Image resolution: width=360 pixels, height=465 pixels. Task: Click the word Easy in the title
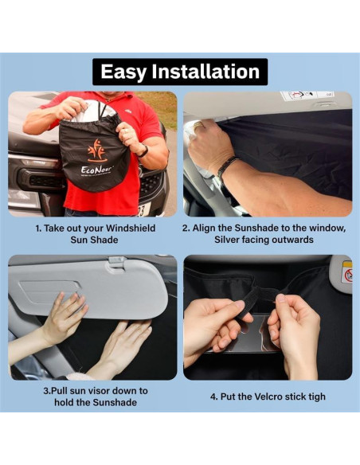tap(123, 72)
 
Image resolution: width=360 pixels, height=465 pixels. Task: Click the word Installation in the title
tap(205, 72)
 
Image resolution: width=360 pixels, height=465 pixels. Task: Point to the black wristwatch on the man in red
tap(143, 151)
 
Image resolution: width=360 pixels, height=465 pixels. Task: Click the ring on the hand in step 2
tap(198, 125)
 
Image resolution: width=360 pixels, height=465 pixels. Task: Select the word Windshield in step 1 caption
tap(131, 228)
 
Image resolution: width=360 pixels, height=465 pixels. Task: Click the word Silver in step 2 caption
tap(227, 240)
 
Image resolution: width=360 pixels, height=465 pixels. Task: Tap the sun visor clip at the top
tap(118, 263)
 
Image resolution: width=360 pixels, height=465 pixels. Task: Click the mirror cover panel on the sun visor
tap(49, 291)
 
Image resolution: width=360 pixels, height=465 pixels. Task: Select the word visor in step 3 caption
tap(97, 391)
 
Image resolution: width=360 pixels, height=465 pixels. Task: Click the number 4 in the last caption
tap(213, 397)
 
